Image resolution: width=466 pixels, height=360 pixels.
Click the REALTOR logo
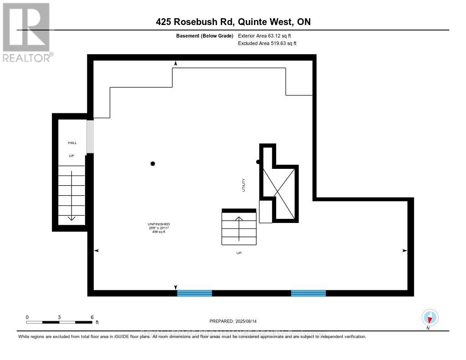click(26, 32)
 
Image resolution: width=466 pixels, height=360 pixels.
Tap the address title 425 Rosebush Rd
click(233, 21)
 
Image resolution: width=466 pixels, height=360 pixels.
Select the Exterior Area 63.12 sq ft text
click(268, 35)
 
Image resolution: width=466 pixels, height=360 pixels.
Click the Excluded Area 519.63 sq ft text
click(267, 44)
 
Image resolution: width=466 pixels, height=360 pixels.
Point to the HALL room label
click(71, 143)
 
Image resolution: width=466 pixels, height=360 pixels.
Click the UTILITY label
click(244, 185)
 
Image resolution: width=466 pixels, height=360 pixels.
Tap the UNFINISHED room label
click(158, 224)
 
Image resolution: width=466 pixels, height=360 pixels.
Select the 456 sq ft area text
click(158, 232)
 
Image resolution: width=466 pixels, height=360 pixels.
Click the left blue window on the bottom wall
click(194, 293)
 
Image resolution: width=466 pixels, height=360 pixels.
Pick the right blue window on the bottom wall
click(309, 293)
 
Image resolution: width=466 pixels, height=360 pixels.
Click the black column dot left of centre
click(153, 164)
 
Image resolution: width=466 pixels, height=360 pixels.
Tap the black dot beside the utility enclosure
click(258, 162)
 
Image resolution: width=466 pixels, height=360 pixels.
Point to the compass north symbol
click(430, 318)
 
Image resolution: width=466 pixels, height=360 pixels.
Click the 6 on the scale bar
click(92, 317)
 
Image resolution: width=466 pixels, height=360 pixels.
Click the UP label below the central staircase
click(239, 253)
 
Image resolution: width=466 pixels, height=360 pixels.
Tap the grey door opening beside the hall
click(90, 136)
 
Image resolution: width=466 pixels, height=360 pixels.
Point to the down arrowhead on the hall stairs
click(71, 218)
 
